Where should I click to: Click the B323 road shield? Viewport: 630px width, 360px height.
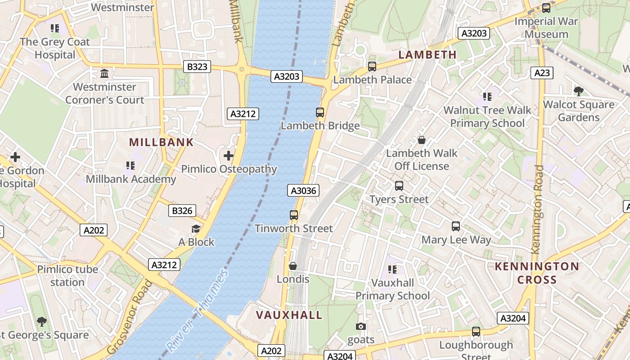[x=197, y=67]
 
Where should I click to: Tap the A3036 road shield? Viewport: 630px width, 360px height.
[x=304, y=191]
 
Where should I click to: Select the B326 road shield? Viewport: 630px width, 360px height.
[x=182, y=211]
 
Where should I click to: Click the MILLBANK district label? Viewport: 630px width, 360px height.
[x=161, y=143]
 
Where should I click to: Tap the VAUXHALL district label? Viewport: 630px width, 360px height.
[x=289, y=315]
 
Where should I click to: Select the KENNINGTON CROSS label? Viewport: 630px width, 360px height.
[x=537, y=273]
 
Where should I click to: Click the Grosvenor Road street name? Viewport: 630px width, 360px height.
[x=130, y=317]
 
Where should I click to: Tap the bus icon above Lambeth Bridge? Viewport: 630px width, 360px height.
[x=320, y=112]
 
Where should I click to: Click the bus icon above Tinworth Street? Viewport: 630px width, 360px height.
[x=294, y=215]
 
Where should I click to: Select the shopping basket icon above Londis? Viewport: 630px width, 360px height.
[x=293, y=266]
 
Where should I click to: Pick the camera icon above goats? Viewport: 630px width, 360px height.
[x=361, y=327]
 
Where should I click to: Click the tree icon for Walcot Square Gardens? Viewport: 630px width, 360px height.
[x=579, y=91]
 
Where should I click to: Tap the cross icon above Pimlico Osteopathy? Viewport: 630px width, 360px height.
[x=229, y=156]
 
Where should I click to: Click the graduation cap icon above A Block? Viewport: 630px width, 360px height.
[x=196, y=229]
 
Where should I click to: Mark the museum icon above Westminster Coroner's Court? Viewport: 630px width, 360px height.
[x=104, y=73]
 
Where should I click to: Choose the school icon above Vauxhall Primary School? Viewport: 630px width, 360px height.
[x=392, y=270]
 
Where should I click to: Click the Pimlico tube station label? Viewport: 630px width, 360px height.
[x=67, y=276]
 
